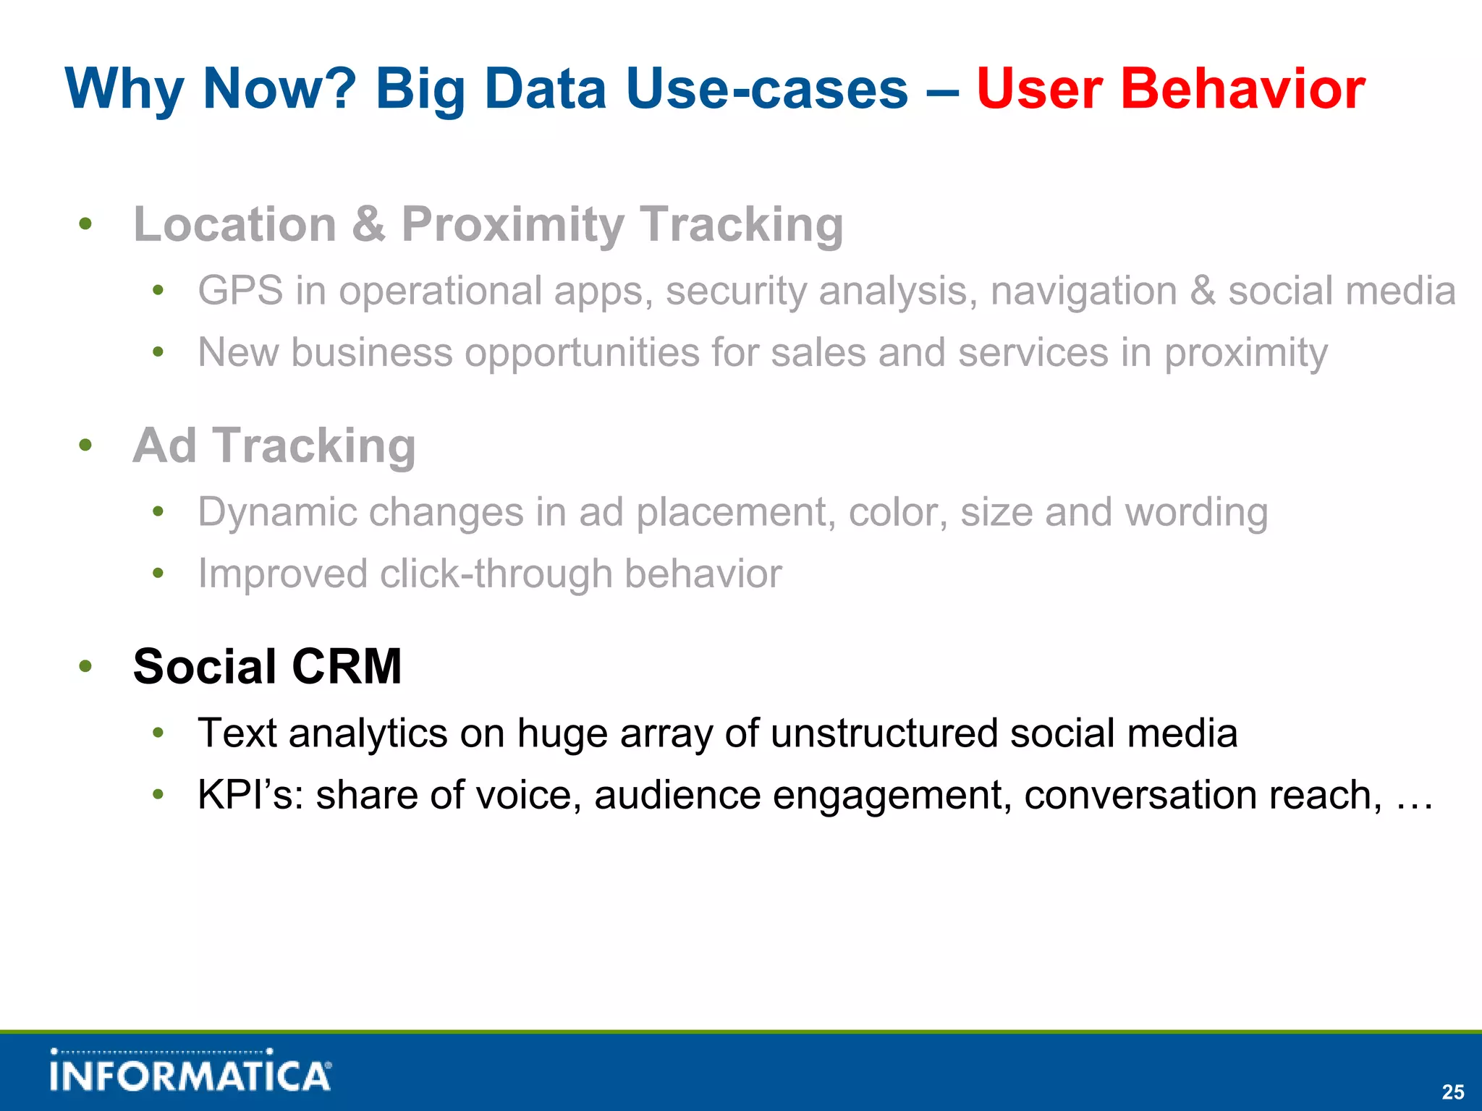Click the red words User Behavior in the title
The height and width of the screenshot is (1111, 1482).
(1170, 89)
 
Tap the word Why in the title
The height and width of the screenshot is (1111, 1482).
(124, 89)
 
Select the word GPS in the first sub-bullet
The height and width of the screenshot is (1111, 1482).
(240, 291)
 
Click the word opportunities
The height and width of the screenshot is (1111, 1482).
(581, 353)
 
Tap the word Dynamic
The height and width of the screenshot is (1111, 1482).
(277, 513)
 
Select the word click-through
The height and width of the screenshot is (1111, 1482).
(496, 574)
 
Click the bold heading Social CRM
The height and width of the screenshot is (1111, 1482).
(267, 666)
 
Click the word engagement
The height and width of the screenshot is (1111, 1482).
(892, 796)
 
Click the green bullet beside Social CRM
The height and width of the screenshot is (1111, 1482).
(85, 666)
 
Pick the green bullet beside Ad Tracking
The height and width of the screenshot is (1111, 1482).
(85, 445)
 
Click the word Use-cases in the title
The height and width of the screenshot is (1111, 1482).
(766, 89)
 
